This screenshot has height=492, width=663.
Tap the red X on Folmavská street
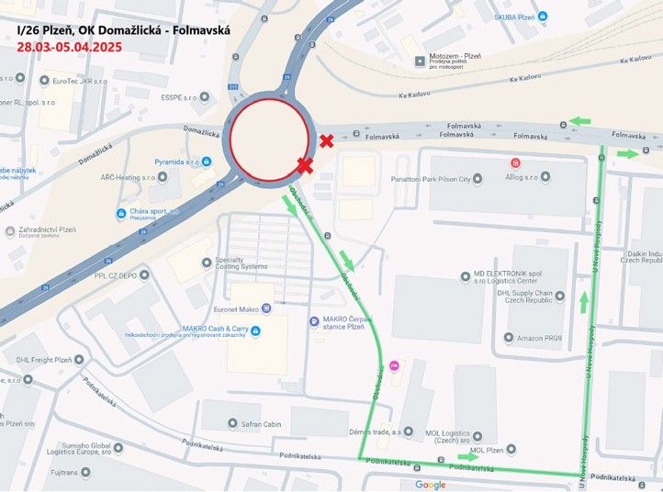(326, 140)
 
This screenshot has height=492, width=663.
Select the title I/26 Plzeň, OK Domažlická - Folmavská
(124, 29)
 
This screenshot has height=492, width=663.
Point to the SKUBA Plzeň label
(514, 17)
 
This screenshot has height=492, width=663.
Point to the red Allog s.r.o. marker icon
(516, 162)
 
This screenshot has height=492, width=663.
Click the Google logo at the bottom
(430, 484)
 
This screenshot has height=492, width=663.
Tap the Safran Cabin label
(255, 424)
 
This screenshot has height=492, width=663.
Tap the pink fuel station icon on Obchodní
(396, 365)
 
